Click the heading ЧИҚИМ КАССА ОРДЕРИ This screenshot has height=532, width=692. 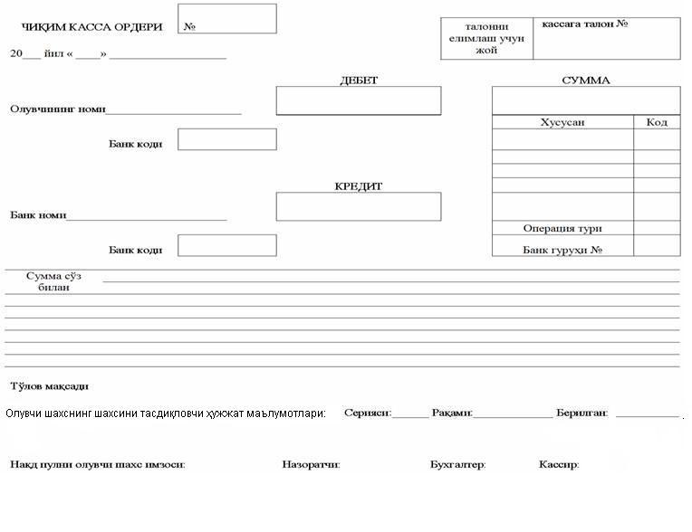[x=91, y=27]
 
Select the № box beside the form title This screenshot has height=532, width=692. [x=227, y=19]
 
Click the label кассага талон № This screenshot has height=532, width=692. [x=585, y=24]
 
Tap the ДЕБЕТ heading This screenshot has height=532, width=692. [x=359, y=81]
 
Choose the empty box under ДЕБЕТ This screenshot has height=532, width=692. [x=359, y=100]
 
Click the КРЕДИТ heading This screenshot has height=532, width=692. [x=359, y=186]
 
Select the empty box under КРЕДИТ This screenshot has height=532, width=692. [x=359, y=206]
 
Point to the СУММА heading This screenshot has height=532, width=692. [x=586, y=81]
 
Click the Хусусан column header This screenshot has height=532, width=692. [x=562, y=122]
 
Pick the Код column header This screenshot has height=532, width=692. [x=657, y=122]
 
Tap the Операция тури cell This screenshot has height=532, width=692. [x=562, y=229]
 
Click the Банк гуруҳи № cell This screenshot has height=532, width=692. [x=562, y=250]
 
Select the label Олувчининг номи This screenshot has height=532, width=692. [x=58, y=109]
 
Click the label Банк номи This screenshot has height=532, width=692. [x=38, y=215]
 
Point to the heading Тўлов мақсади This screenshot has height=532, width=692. [x=49, y=386]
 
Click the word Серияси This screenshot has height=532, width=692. [x=367, y=413]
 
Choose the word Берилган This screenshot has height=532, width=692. [x=582, y=413]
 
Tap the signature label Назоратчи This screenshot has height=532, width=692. [x=311, y=465]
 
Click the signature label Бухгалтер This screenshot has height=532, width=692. [x=457, y=465]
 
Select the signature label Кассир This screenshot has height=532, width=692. [x=558, y=465]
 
